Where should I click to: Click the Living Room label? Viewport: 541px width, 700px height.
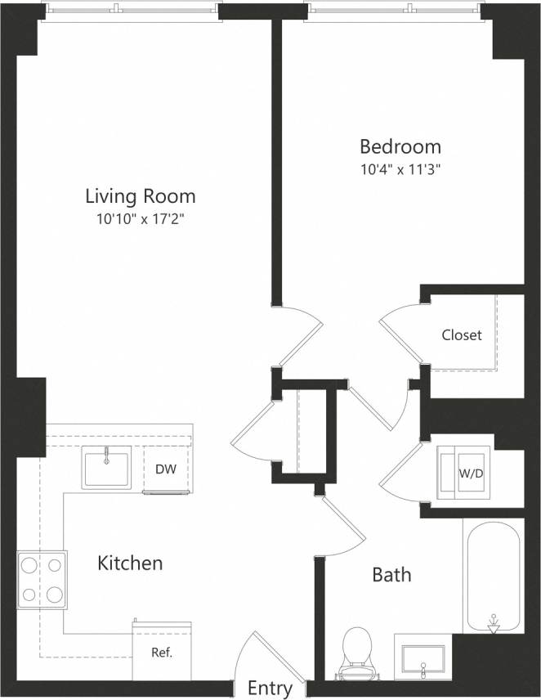click(141, 196)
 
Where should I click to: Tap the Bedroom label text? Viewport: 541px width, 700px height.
click(400, 147)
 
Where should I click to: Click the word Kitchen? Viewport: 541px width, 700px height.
click(130, 563)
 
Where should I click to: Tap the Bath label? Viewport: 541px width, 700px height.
click(391, 575)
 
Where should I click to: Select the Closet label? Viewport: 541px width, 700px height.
click(462, 335)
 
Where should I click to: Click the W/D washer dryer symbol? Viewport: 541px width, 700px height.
click(464, 473)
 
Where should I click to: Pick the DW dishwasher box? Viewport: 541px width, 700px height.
click(167, 470)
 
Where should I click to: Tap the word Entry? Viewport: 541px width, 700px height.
click(270, 689)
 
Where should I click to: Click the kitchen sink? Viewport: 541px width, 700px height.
click(106, 469)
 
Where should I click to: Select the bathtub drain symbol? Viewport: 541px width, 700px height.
click(494, 624)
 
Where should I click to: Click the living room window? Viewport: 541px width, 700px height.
click(132, 10)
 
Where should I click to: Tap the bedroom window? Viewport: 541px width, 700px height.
click(396, 10)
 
